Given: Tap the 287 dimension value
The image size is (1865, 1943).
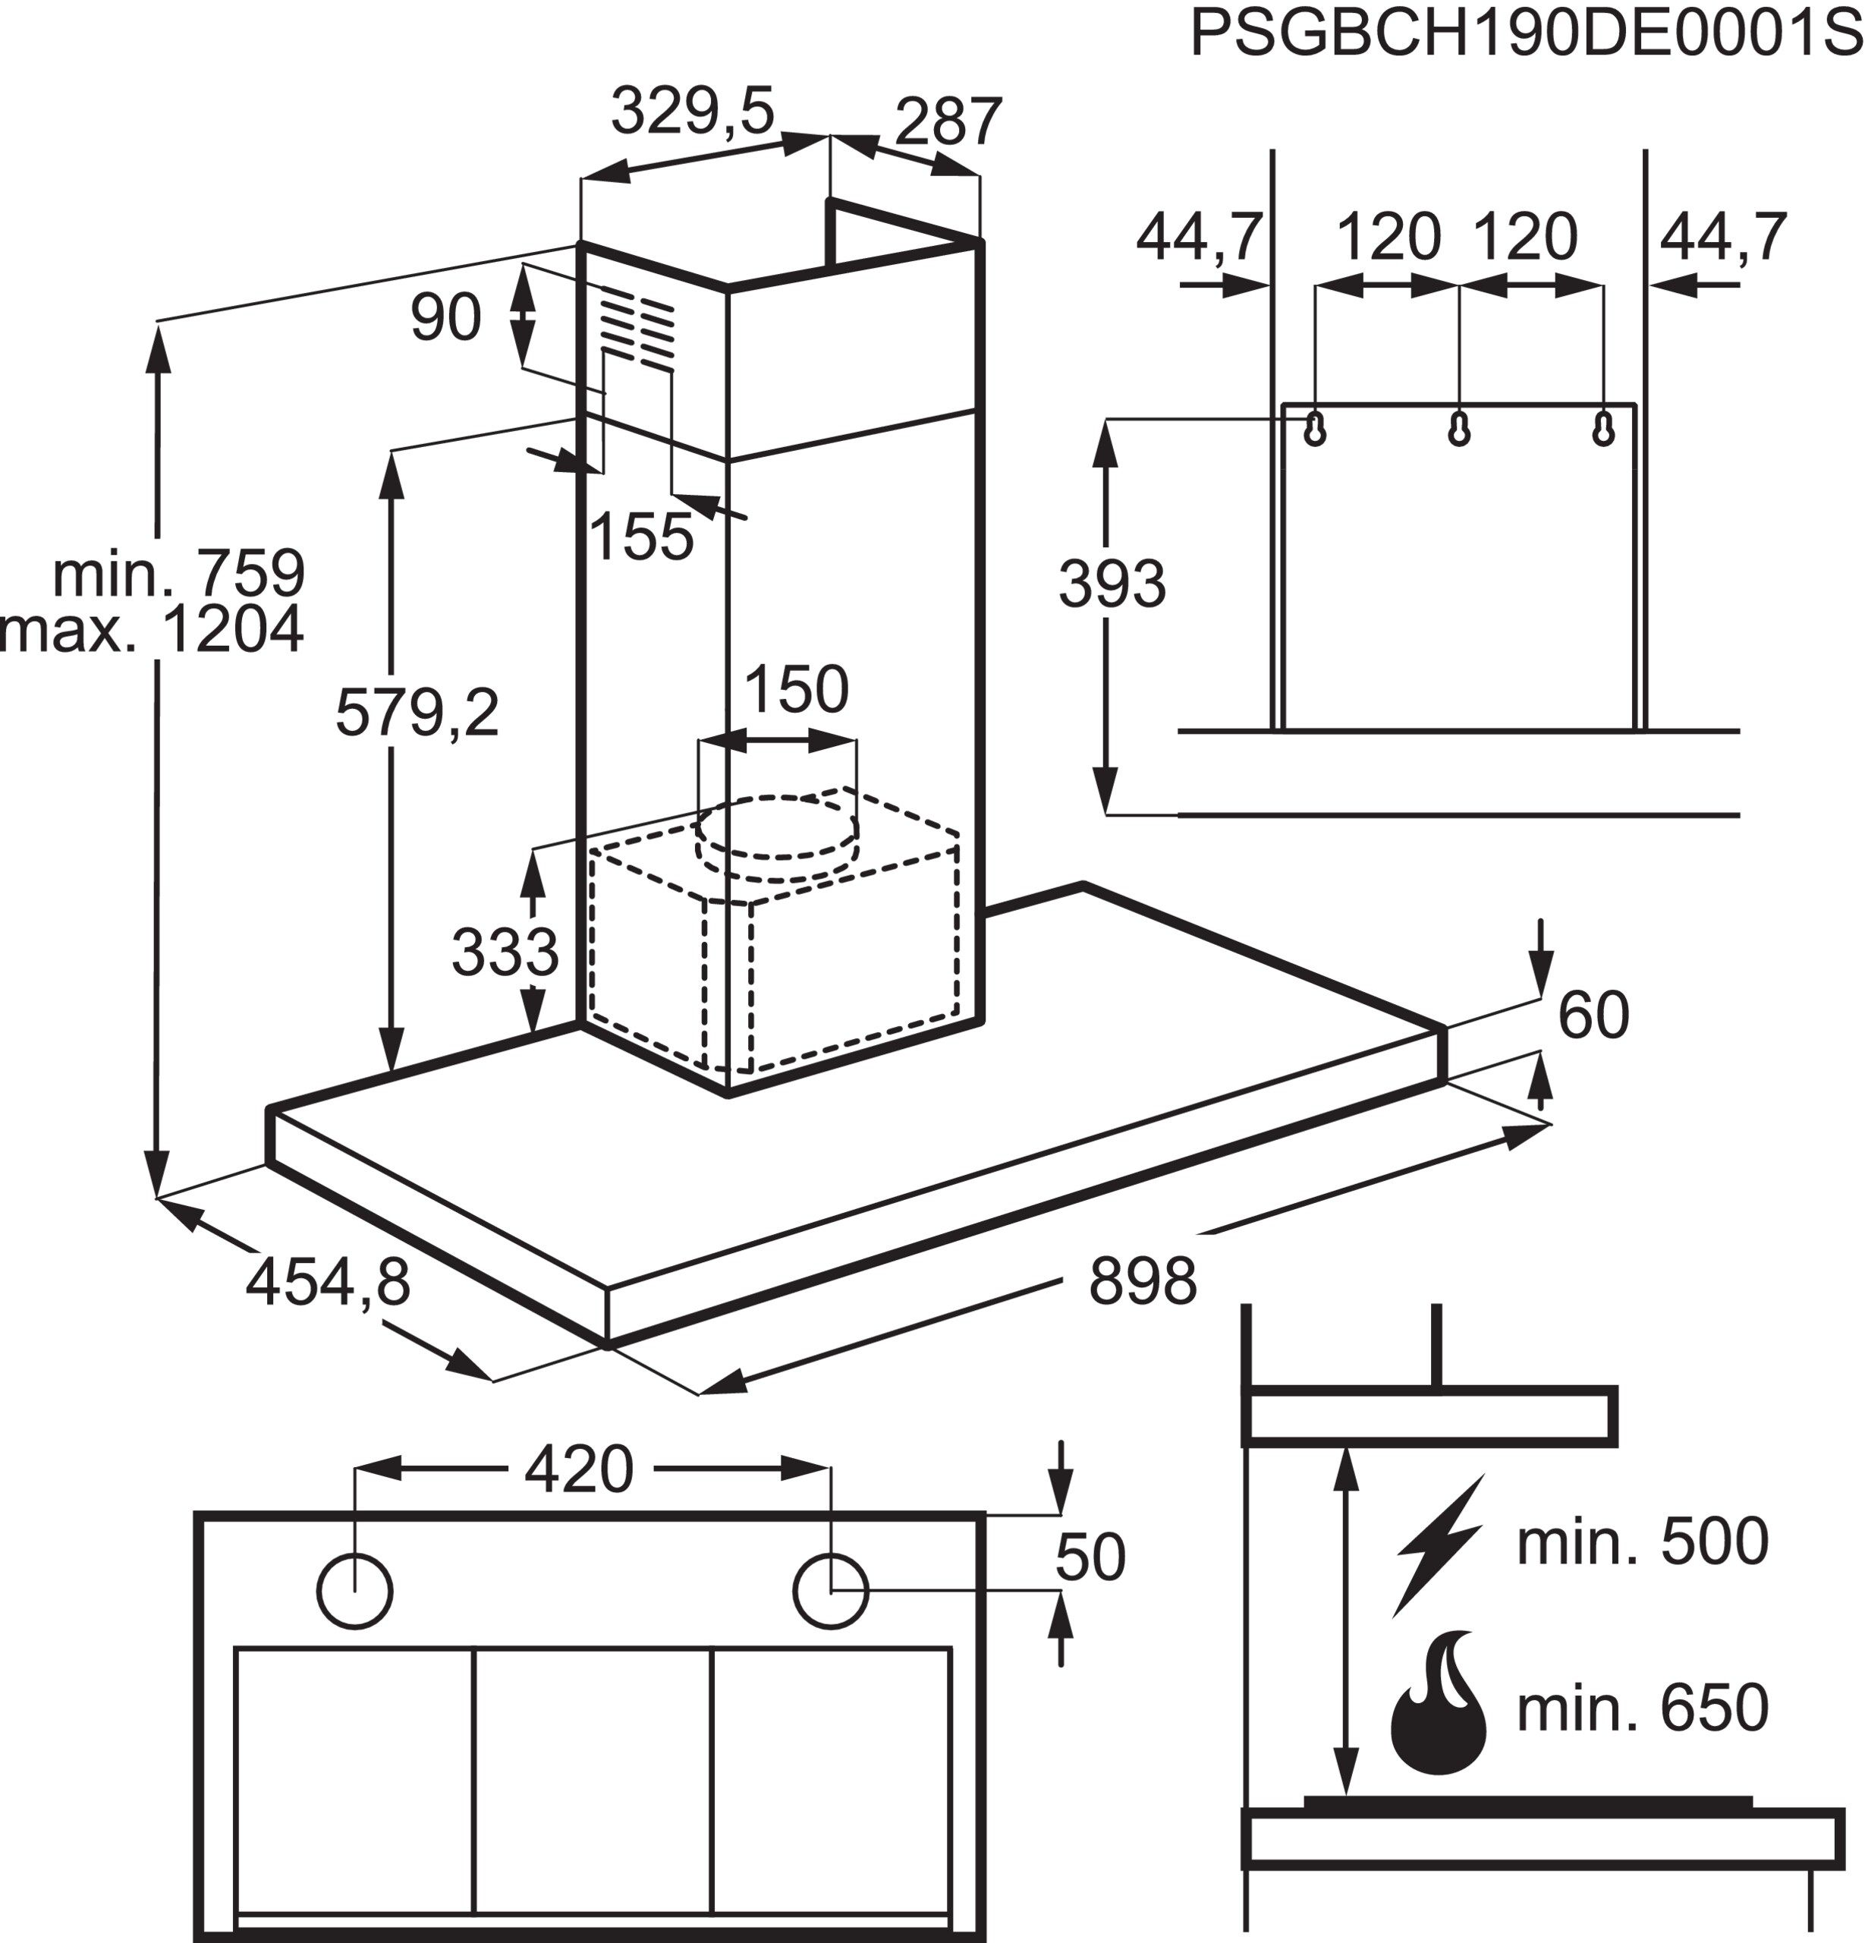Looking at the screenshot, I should point(948,122).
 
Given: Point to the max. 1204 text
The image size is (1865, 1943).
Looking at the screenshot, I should point(152,628).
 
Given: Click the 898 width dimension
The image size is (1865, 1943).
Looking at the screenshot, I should point(1142,1281).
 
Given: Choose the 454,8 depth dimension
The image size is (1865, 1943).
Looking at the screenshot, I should point(327,1281).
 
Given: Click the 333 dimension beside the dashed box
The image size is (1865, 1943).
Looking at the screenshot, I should point(505,952).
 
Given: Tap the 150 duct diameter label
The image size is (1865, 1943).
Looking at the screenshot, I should point(796,689).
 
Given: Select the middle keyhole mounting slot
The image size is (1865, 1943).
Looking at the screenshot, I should point(1459,428).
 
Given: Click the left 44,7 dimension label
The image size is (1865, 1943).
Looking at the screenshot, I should point(1198,237).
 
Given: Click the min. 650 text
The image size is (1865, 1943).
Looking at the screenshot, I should point(1642,1707).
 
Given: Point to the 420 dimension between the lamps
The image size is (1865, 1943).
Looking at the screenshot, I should point(577,1469).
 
